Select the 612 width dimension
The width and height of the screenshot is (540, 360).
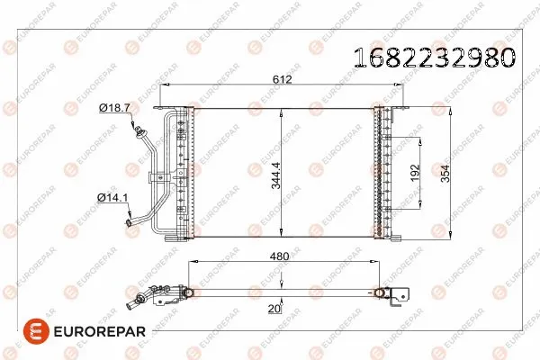(x=284, y=80)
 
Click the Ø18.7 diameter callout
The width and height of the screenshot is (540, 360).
(x=114, y=108)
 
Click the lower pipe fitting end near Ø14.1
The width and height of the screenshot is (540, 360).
(x=131, y=219)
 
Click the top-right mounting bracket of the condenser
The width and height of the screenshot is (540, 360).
(x=398, y=110)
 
